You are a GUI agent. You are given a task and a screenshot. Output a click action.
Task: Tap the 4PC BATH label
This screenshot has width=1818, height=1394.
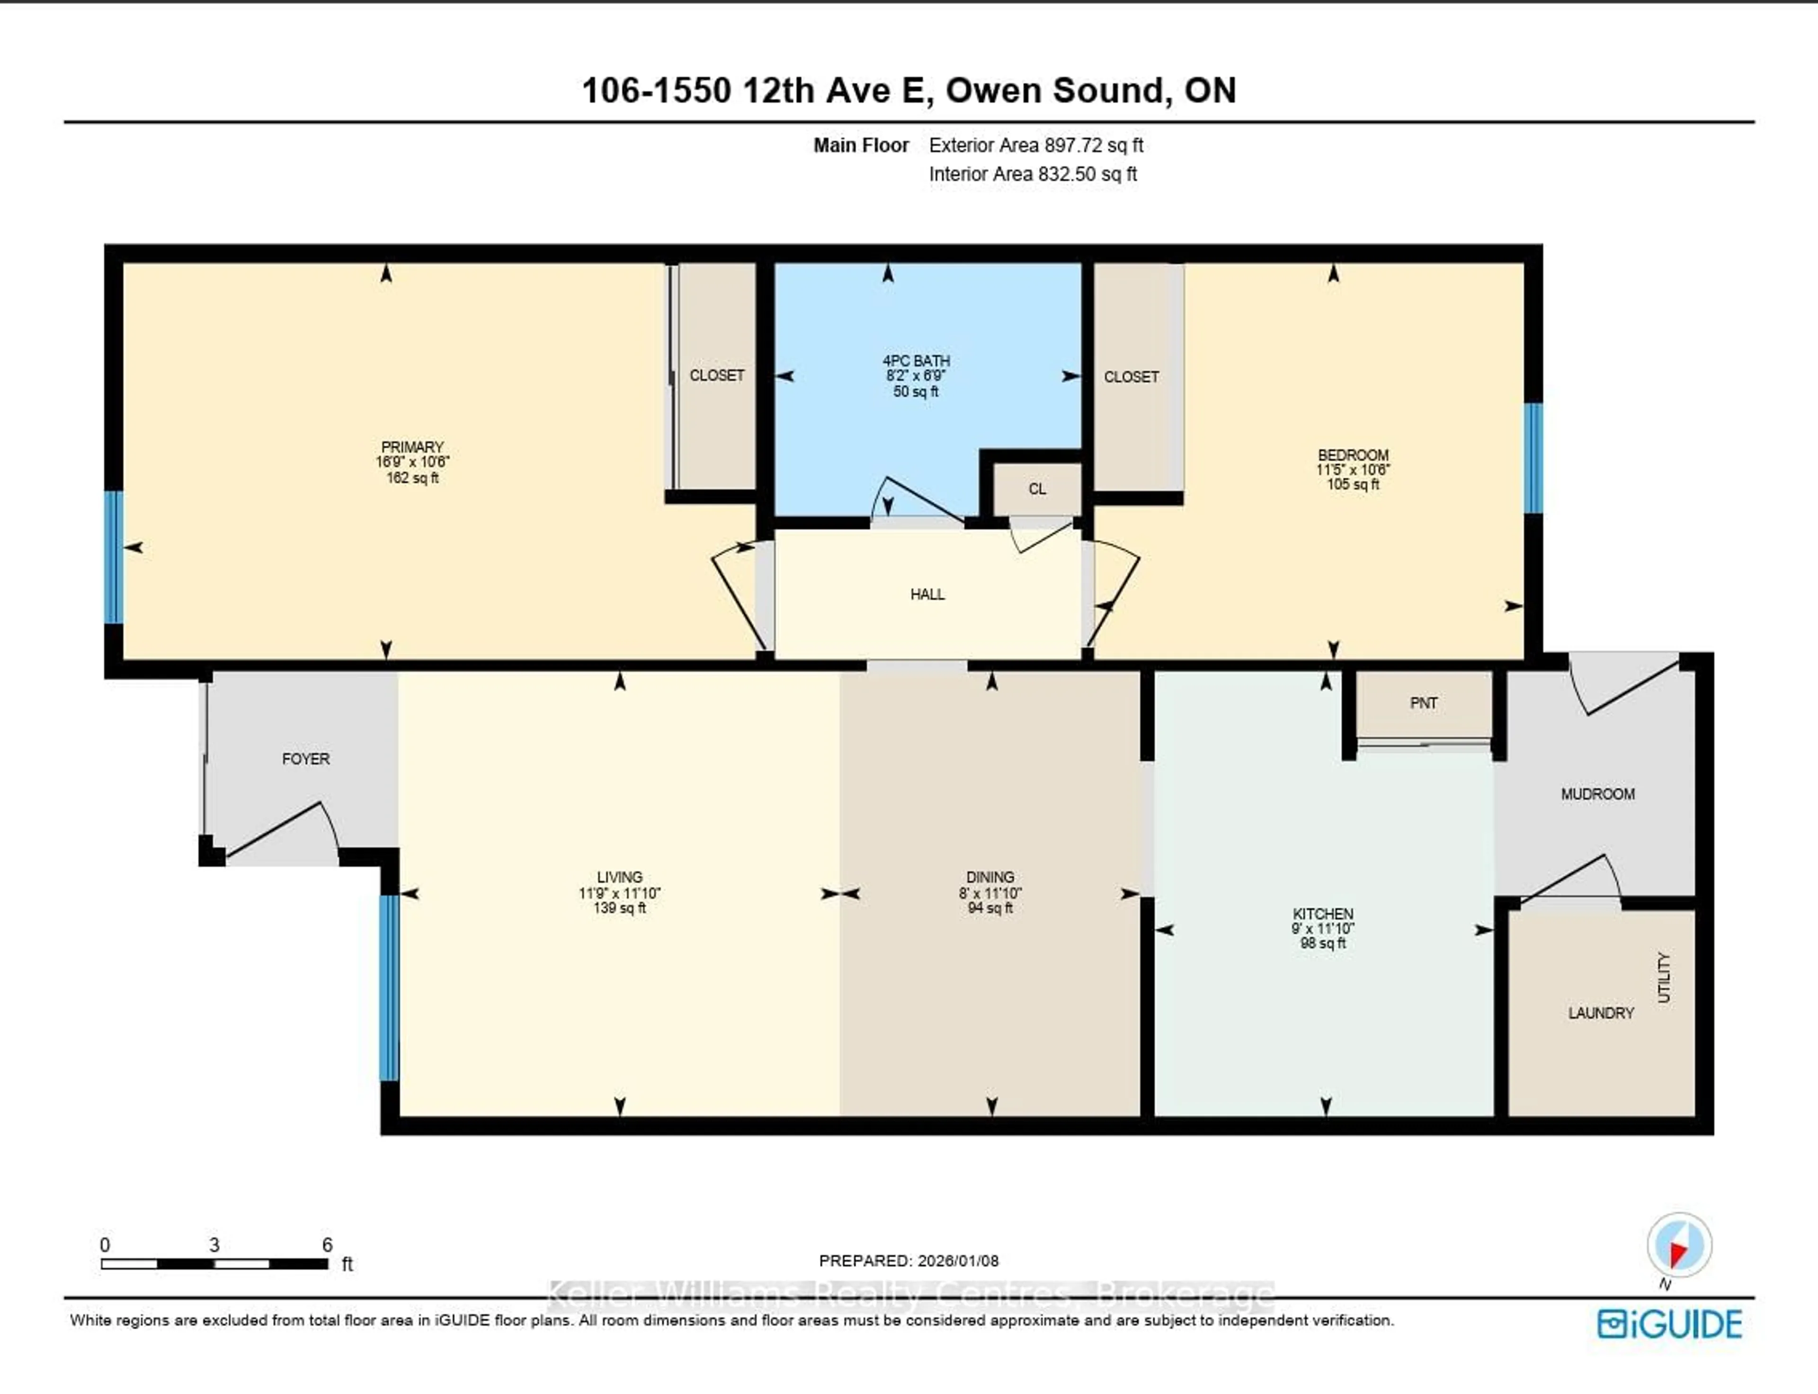pos(916,361)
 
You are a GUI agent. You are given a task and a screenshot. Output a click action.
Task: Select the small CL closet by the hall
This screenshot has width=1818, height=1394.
pos(1037,489)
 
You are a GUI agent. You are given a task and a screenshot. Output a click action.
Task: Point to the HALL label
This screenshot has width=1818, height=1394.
pos(927,594)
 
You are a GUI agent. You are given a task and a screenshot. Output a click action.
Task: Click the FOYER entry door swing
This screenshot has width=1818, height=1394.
pos(282,830)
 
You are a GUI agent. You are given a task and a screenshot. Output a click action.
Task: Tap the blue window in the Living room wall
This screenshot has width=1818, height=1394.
pos(388,987)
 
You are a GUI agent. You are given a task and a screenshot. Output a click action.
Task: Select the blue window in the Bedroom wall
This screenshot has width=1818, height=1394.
pos(1533,458)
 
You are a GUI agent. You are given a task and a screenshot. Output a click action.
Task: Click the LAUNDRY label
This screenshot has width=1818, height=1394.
pos(1601,1013)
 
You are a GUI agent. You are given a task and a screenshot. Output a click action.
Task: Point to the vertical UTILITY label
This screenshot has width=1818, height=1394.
pos(1664,977)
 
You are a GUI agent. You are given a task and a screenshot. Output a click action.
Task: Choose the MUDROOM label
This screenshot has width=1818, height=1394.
pos(1597,794)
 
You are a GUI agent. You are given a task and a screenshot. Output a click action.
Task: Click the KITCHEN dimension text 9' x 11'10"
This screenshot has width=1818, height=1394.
pos(1323,929)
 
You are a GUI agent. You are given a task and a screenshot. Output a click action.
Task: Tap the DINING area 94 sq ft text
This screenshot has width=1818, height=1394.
pos(990,908)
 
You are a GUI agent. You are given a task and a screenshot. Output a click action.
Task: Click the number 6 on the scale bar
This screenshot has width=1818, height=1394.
pos(327,1244)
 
